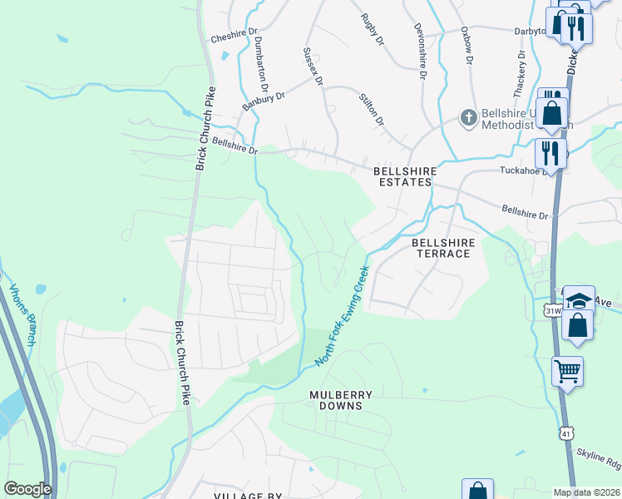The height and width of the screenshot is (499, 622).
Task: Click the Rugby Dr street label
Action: coord(372,29)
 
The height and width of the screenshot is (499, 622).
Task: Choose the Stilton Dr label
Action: coord(371,109)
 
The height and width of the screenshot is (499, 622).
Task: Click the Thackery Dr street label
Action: coord(521,72)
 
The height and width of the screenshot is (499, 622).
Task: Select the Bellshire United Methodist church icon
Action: coord(468,118)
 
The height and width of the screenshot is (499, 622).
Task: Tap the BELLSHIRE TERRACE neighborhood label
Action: coord(443,248)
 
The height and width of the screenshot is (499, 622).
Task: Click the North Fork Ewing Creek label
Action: coord(342,316)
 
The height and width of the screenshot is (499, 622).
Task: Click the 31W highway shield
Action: coord(552,310)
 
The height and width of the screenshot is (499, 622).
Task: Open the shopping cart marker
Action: coord(567,372)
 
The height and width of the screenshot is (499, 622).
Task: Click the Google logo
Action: coord(27,489)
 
